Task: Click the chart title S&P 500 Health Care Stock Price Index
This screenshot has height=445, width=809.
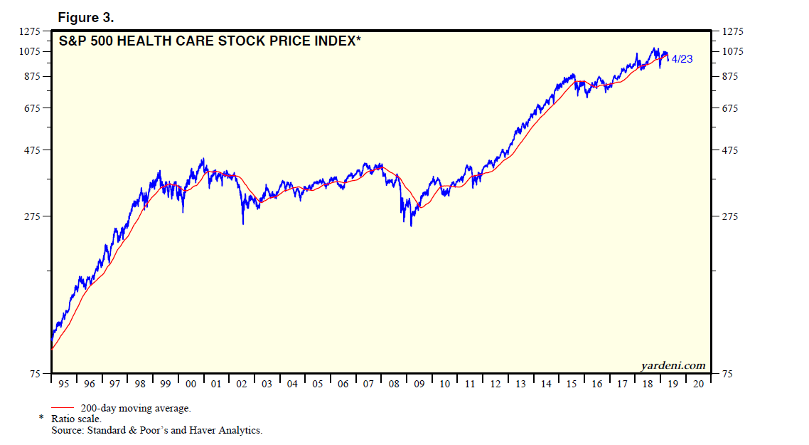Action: [209, 41]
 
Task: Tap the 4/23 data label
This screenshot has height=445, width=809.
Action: [682, 59]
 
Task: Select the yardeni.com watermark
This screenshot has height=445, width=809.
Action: [673, 366]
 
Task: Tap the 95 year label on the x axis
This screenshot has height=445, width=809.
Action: [64, 384]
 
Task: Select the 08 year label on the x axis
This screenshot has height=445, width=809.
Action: [394, 384]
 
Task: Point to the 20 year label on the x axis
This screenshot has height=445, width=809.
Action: [698, 384]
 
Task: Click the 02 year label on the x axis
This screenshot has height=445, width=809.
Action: [241, 384]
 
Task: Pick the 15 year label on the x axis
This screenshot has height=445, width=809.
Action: [571, 384]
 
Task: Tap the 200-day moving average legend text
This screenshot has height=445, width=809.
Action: [136, 409]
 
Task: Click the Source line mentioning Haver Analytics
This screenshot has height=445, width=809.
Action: [156, 430]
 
